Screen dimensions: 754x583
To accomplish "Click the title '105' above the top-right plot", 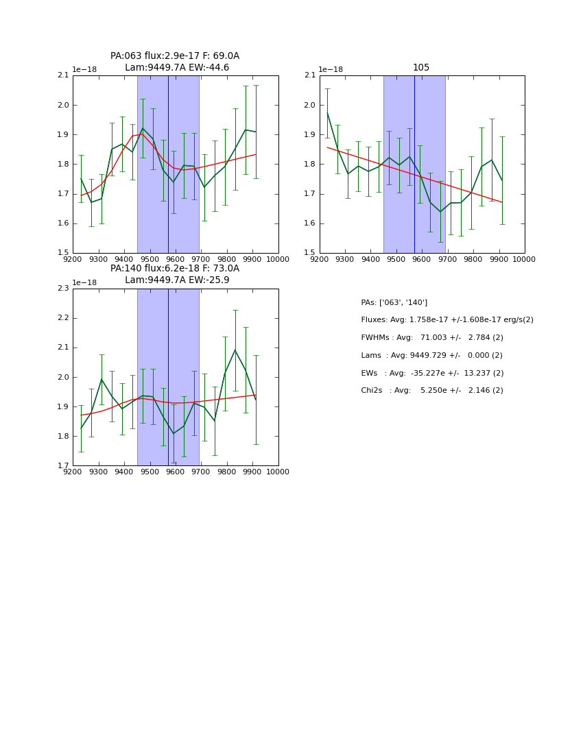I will tap(421, 67).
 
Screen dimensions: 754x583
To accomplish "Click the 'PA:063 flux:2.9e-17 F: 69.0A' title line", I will tap(175, 56).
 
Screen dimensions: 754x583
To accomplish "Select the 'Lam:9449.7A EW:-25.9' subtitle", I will tap(177, 280).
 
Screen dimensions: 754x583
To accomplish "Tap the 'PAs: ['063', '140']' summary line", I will tap(394, 302).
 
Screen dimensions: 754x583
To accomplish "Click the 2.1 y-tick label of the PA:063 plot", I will tap(62, 75).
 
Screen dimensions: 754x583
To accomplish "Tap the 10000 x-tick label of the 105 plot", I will tap(524, 259).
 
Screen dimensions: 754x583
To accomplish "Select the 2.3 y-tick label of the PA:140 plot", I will tap(62, 289).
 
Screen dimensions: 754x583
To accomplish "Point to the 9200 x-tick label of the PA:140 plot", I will tap(73, 472).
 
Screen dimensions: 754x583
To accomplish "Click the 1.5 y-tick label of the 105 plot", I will tap(309, 253).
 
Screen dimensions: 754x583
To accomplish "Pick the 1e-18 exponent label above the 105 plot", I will tap(331, 69).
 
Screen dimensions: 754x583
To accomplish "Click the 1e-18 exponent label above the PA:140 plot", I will tap(84, 282).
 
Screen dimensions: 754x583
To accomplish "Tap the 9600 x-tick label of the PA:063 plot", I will tap(175, 259).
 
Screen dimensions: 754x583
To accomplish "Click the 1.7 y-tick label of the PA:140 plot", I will tap(62, 466).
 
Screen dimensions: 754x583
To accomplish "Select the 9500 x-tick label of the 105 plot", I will tap(396, 259).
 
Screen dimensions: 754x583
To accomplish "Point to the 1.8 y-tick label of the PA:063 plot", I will tap(62, 165).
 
